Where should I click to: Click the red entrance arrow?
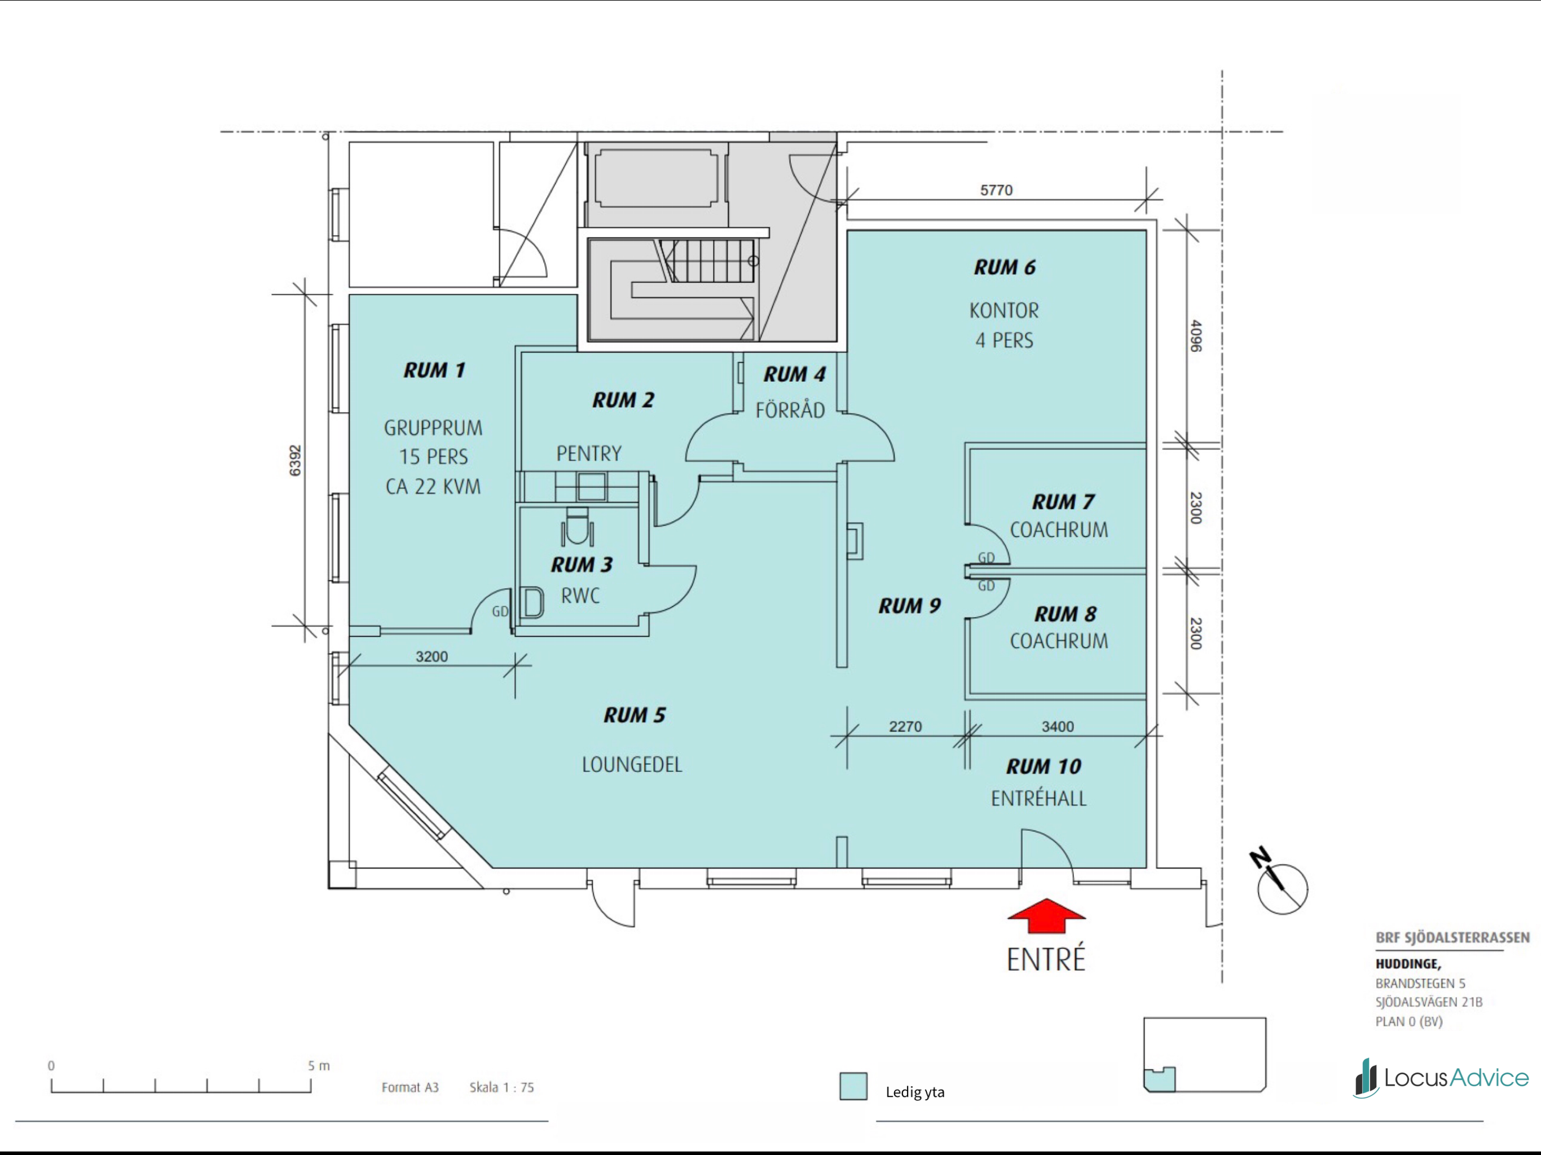coord(1046,915)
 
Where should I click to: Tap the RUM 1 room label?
coord(434,370)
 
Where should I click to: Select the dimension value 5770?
coord(996,190)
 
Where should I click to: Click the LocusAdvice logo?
coord(1441,1078)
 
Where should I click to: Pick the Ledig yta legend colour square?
coord(853,1086)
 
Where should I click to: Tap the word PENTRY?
coord(589,454)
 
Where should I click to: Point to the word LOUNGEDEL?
coord(632,765)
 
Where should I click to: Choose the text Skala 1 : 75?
coord(501,1087)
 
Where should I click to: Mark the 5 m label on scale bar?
coord(319,1066)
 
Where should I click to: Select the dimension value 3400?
coord(1058,726)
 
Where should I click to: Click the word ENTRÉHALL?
coord(1039,799)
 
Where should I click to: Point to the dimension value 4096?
coord(1195,336)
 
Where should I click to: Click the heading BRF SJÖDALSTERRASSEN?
coord(1452,938)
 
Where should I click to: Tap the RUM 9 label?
coord(910,606)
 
